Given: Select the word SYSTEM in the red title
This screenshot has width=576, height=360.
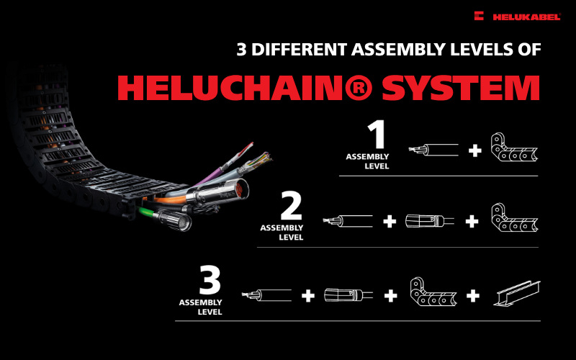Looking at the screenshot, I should pyautogui.click(x=464, y=88).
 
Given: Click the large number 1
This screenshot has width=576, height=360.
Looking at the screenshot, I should pyautogui.click(x=376, y=135).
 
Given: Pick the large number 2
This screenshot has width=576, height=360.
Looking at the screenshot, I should pyautogui.click(x=290, y=206).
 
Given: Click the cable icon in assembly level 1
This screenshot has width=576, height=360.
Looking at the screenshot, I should pyautogui.click(x=434, y=150).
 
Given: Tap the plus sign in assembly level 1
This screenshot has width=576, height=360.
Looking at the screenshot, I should pyautogui.click(x=474, y=150).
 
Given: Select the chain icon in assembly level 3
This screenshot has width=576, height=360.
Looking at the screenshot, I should pyautogui.click(x=432, y=293).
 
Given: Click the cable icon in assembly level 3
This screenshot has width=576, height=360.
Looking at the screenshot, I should pyautogui.click(x=267, y=294).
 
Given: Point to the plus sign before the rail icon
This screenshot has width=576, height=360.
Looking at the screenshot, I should pyautogui.click(x=473, y=295).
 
